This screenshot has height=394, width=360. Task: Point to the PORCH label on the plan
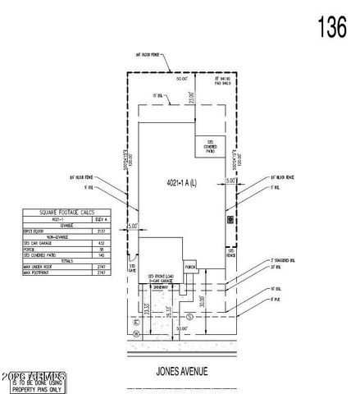pos(190,268)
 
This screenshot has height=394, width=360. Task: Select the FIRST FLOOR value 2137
pos(103,231)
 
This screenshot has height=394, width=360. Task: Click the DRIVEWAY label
pos(162,286)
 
